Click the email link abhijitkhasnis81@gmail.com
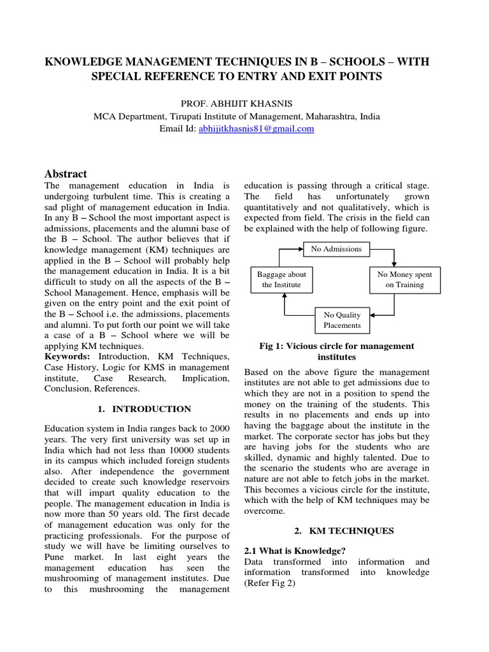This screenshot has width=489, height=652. point(257,129)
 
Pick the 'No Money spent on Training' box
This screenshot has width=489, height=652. point(404,280)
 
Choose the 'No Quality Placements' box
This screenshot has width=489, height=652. point(342,320)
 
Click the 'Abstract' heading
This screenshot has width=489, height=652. point(66,174)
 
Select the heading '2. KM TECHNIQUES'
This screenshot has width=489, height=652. point(336,530)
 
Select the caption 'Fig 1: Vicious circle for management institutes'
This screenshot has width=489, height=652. point(337,351)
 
